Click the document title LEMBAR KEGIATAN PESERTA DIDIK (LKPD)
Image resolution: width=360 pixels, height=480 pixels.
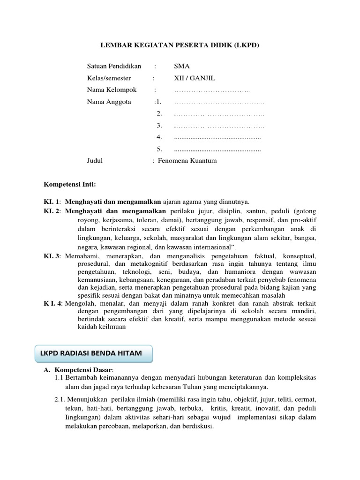(180, 45)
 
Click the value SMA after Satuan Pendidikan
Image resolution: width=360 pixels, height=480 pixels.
(181, 66)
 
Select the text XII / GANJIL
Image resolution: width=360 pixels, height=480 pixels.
(195, 78)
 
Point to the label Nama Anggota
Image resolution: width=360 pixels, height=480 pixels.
(109, 102)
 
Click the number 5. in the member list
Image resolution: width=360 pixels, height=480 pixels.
(159, 149)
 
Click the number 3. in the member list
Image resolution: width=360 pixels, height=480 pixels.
(159, 125)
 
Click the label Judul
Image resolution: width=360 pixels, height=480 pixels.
(95, 161)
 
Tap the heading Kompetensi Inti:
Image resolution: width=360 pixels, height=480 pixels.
(69, 184)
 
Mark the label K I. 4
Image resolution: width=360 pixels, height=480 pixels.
(52, 303)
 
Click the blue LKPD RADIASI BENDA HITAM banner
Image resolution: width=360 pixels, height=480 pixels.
(94, 353)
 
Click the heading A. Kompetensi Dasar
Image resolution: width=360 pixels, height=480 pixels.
(78, 370)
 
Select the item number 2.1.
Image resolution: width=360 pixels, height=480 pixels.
(60, 399)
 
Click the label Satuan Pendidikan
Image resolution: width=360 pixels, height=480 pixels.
(114, 66)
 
